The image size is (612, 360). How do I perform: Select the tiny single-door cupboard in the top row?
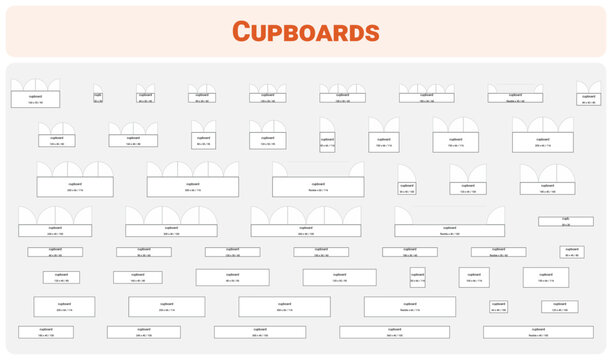[98, 98]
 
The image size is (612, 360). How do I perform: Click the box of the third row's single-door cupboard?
[406, 187]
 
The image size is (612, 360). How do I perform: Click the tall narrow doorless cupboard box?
[417, 277]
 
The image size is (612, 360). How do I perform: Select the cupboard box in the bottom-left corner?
[45, 331]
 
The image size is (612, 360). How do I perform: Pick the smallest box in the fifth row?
[572, 252]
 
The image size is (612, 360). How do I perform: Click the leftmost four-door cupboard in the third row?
[75, 186]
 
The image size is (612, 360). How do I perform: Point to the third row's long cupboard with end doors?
[318, 186]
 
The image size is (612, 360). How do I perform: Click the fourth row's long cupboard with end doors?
[449, 230]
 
